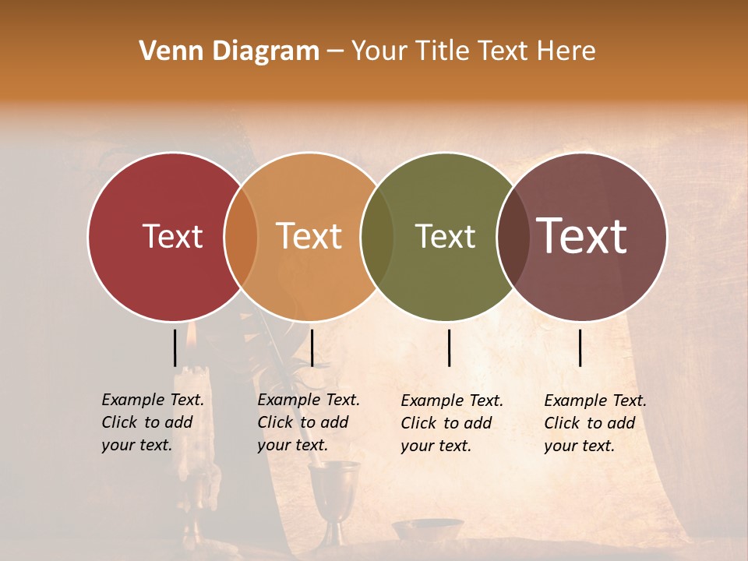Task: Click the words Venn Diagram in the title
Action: tap(229, 51)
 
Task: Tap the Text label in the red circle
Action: tap(172, 236)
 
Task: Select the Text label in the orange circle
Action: tap(309, 236)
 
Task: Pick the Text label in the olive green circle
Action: tap(446, 236)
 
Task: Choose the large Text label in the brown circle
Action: tap(582, 236)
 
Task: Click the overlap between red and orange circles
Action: tap(241, 237)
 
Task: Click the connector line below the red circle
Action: tap(175, 348)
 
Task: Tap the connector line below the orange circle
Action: tap(312, 348)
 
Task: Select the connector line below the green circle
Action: tap(449, 348)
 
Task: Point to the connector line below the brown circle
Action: tap(580, 348)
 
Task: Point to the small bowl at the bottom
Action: tap(426, 529)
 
